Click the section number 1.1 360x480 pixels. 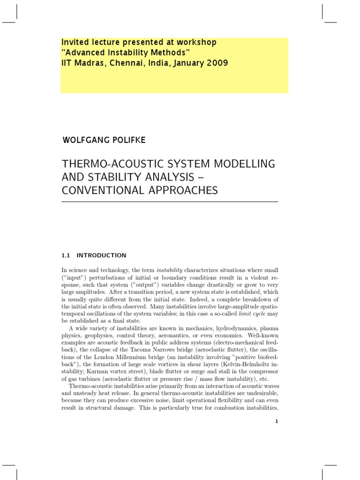click(x=66, y=255)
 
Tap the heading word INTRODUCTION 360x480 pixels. click(x=101, y=255)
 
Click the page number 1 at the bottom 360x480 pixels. click(x=277, y=421)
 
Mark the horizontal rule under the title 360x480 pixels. click(x=170, y=202)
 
